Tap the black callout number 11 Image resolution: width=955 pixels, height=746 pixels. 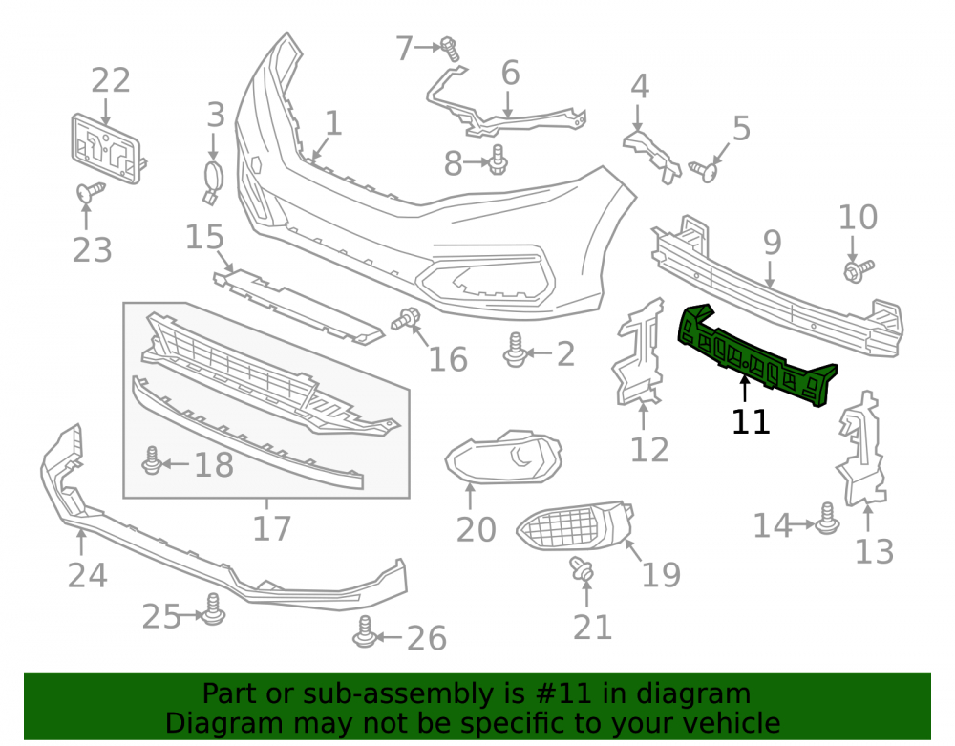751,421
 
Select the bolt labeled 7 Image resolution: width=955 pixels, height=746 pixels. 450,49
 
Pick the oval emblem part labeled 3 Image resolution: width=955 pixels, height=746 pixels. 213,181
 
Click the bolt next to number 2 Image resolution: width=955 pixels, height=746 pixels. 516,351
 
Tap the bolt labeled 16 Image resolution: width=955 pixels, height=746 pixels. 406,318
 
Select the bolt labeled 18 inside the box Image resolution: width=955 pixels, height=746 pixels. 152,461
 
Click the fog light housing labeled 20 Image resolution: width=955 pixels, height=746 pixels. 502,458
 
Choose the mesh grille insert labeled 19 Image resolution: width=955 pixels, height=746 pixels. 575,526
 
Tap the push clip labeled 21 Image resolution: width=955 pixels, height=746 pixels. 583,568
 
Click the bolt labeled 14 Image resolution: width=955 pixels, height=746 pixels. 827,519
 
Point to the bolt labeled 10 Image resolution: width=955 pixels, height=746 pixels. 859,271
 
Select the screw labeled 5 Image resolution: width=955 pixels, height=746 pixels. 704,171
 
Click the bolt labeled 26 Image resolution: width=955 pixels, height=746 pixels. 364,632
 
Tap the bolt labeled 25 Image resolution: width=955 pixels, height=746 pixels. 213,609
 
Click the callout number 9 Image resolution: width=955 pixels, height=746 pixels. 772,243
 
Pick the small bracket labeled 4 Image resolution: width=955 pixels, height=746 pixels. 651,155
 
